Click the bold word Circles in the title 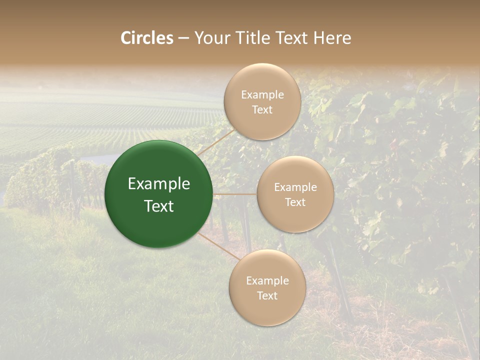pos(147,38)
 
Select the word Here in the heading pos(332,38)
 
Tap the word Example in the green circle pos(158,184)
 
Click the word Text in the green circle pos(158,206)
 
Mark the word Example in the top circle pos(262,95)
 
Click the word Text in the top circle pos(262,110)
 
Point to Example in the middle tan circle pos(295,187)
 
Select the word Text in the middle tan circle pos(295,202)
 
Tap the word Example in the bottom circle pos(267,281)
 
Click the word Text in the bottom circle pos(267,296)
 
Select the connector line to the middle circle pos(235,194)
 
